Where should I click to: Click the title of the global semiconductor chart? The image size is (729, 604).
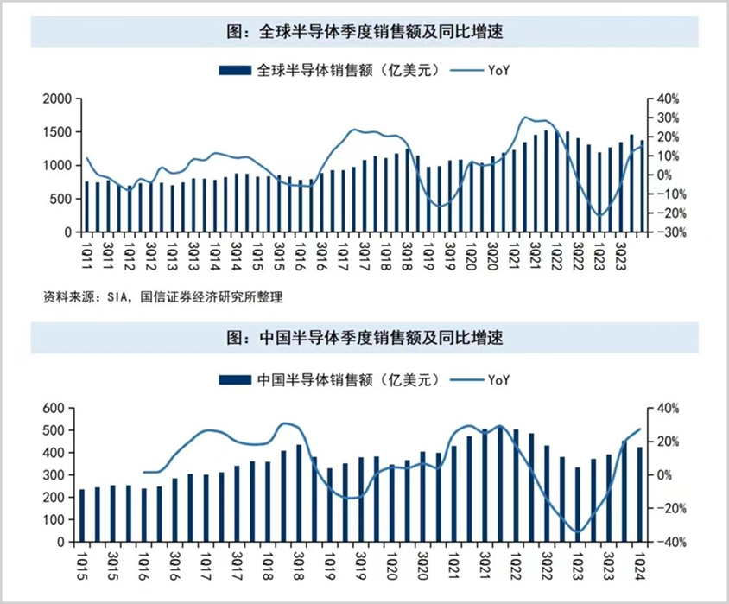tap(364, 34)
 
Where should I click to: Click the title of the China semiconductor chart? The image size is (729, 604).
tap(364, 337)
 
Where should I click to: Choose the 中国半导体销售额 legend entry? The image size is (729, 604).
tap(332, 379)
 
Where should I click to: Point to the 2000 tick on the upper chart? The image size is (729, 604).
tap(55, 99)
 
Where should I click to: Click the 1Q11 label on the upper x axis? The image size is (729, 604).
tap(86, 251)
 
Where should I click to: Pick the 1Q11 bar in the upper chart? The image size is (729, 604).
tap(86, 207)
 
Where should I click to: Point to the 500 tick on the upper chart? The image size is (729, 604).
tap(59, 199)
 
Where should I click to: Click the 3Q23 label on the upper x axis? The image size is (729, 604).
tap(620, 251)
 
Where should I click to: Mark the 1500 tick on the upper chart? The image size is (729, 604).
tap(55, 132)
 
